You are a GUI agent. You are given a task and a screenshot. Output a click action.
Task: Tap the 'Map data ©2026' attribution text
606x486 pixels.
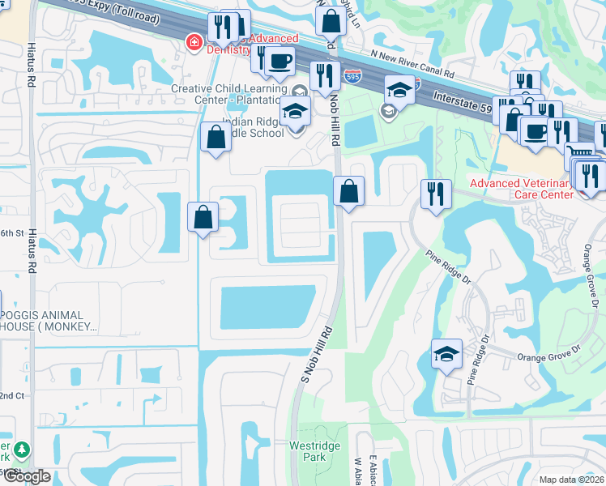(x=572, y=480)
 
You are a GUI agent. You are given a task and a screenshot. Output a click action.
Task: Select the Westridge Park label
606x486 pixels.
(x=308, y=451)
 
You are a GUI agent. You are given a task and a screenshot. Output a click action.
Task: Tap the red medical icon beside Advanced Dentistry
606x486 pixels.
(x=194, y=41)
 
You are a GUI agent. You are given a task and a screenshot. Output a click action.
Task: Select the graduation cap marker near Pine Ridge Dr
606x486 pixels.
(x=446, y=354)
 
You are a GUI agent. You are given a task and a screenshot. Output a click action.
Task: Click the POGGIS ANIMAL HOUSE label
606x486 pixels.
(x=49, y=321)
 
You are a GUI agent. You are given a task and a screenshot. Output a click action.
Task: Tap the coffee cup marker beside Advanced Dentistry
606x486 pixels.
(x=280, y=61)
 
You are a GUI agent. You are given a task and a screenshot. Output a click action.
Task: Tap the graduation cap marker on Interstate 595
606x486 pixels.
(x=399, y=89)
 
